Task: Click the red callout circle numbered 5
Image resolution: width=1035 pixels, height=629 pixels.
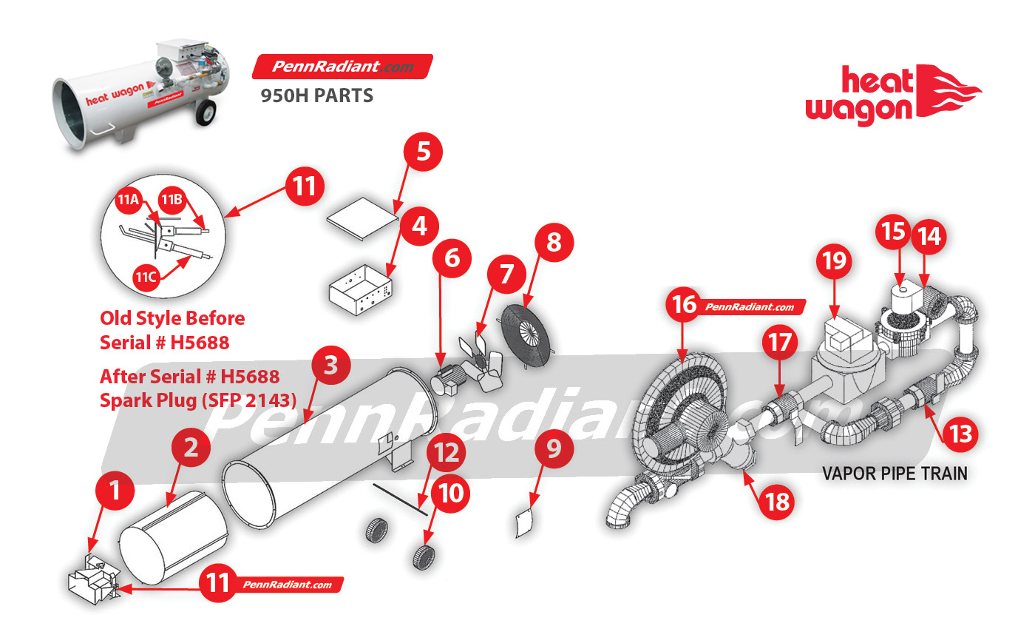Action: point(423,152)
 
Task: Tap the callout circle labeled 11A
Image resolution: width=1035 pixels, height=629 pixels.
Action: point(129,200)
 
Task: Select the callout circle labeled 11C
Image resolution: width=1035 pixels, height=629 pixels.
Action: point(146,277)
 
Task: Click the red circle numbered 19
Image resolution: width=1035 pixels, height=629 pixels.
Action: point(834,260)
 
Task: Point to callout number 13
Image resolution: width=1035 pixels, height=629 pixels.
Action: point(960,434)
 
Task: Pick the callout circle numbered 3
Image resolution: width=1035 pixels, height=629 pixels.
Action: point(331,366)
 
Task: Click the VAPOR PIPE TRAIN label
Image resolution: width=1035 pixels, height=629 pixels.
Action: point(895,474)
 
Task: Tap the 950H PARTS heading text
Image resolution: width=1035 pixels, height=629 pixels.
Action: point(316,95)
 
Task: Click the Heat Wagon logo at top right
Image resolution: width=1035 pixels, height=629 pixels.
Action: point(893,95)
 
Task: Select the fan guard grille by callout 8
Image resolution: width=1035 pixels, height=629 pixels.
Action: point(528,335)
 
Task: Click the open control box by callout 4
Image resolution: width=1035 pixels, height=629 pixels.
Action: point(361,290)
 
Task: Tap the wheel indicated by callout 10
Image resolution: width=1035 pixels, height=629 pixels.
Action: point(424,557)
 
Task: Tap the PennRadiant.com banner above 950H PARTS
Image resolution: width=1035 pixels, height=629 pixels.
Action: point(342,67)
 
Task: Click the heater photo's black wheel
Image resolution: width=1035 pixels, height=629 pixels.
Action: point(206,112)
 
